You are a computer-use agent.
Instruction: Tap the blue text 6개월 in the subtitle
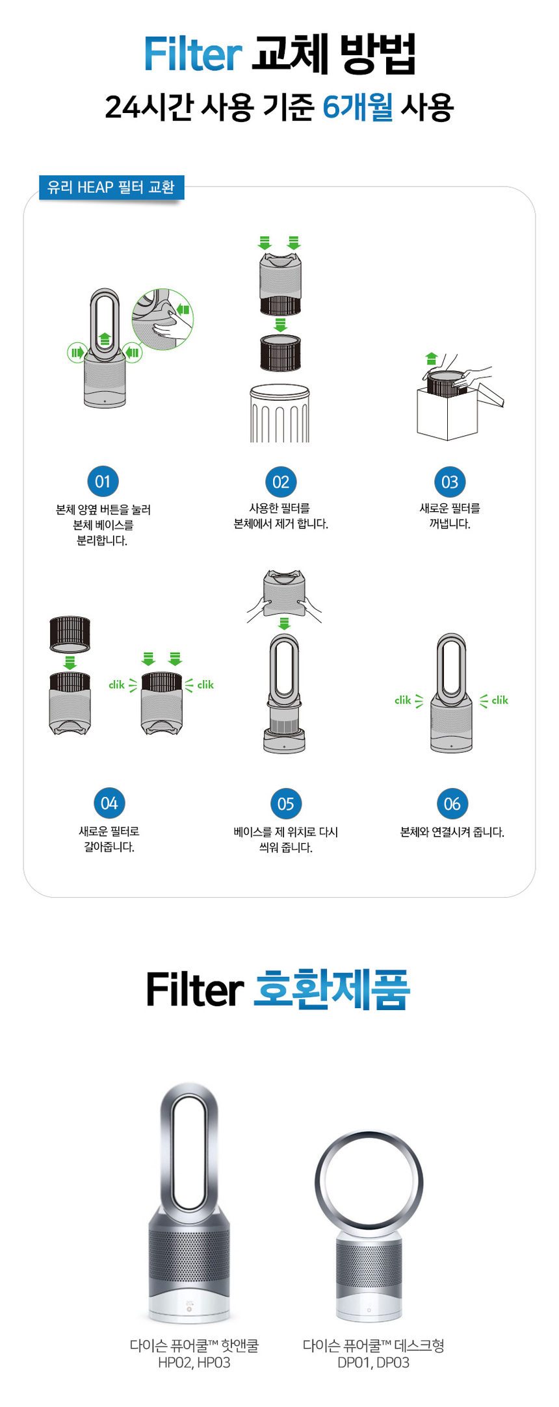point(357,107)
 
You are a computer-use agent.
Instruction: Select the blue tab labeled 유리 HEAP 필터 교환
point(111,188)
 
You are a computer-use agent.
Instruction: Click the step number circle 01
point(103,482)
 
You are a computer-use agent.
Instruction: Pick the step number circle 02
point(280,482)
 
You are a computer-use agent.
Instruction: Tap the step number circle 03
point(450,482)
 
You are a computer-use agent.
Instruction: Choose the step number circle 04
point(109,804)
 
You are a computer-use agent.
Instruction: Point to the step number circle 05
point(285,804)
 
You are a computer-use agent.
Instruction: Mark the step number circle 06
point(452,804)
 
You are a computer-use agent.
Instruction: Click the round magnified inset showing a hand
point(162,319)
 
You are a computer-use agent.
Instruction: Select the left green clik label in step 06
point(403,700)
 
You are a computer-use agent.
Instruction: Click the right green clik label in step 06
point(500,700)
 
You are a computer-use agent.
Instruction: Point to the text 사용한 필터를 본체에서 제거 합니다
point(280,516)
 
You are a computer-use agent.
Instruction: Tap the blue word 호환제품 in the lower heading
point(331,990)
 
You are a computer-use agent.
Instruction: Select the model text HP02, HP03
point(194,1362)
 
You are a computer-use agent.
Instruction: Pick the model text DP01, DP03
point(373,1362)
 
